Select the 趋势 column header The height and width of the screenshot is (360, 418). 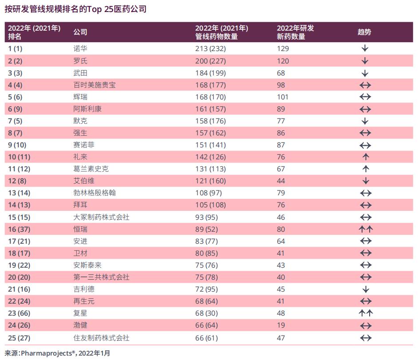364,32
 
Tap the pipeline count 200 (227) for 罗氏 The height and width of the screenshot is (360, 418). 210,61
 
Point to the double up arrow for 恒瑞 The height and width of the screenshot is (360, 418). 365,229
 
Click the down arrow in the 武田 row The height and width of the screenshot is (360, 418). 365,73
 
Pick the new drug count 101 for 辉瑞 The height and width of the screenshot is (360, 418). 283,97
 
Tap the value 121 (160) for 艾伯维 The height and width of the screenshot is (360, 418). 210,181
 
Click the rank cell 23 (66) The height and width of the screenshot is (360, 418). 19,314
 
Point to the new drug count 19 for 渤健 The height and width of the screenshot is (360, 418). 281,326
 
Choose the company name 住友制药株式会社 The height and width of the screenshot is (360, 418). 102,338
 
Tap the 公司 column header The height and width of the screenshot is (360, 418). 80,32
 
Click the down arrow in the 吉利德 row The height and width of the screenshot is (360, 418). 365,289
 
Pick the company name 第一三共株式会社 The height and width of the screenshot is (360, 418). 102,277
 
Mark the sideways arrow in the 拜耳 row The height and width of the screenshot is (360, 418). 365,205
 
